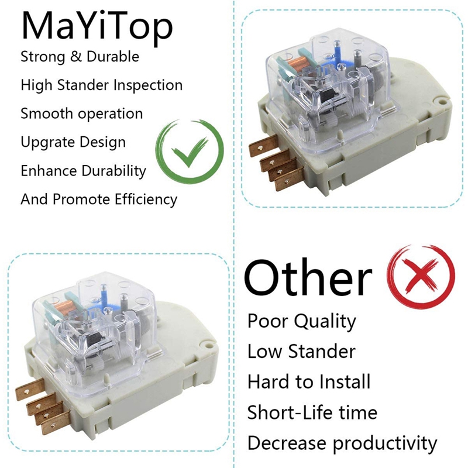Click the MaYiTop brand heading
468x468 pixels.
pos(97,27)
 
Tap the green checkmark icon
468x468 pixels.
pos(190,151)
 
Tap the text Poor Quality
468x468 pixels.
pos(301,321)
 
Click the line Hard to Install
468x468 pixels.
pos(309,381)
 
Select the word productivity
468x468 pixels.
pos(385,443)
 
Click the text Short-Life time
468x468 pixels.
pos(312,412)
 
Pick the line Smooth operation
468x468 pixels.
pos(81,113)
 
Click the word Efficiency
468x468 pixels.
pos(146,199)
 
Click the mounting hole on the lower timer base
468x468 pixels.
pos(208,346)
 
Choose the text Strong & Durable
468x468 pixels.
pos(80,56)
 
